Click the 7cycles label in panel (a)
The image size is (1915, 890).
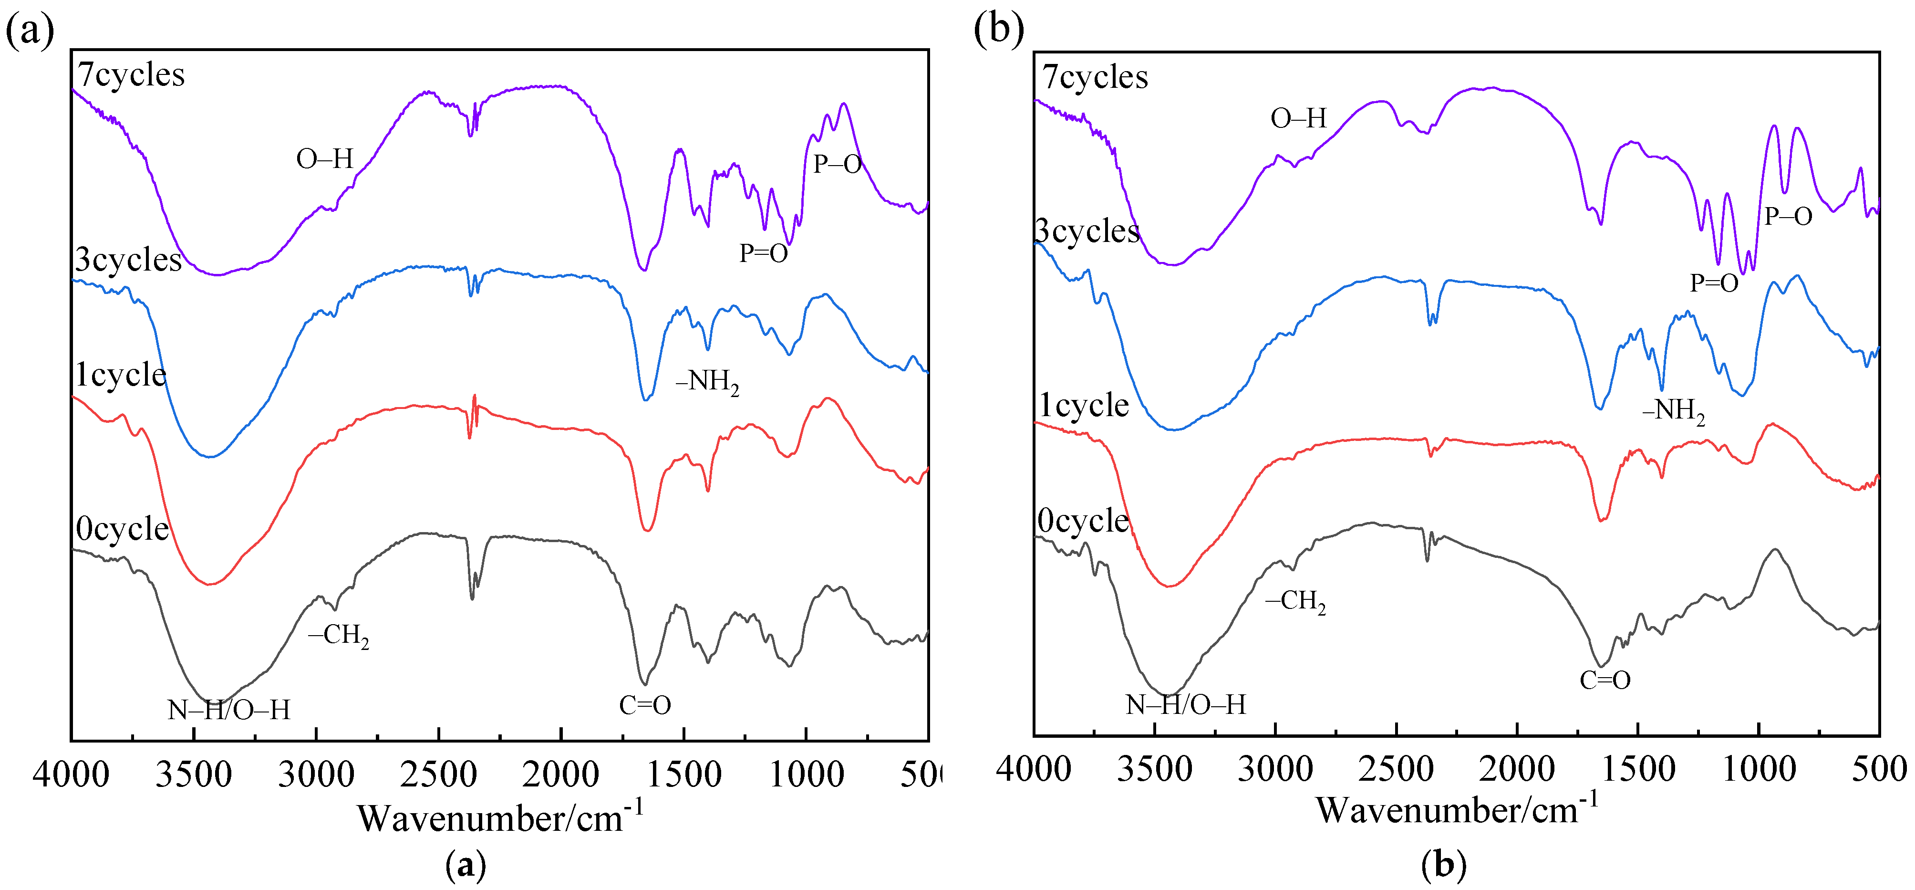point(131,74)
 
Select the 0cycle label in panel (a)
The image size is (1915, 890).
point(122,529)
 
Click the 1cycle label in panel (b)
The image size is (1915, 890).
point(1083,405)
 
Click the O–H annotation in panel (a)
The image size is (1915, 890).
point(324,159)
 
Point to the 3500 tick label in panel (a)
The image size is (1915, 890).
point(193,775)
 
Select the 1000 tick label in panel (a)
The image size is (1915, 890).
point(806,775)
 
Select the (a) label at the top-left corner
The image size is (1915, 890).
point(29,31)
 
